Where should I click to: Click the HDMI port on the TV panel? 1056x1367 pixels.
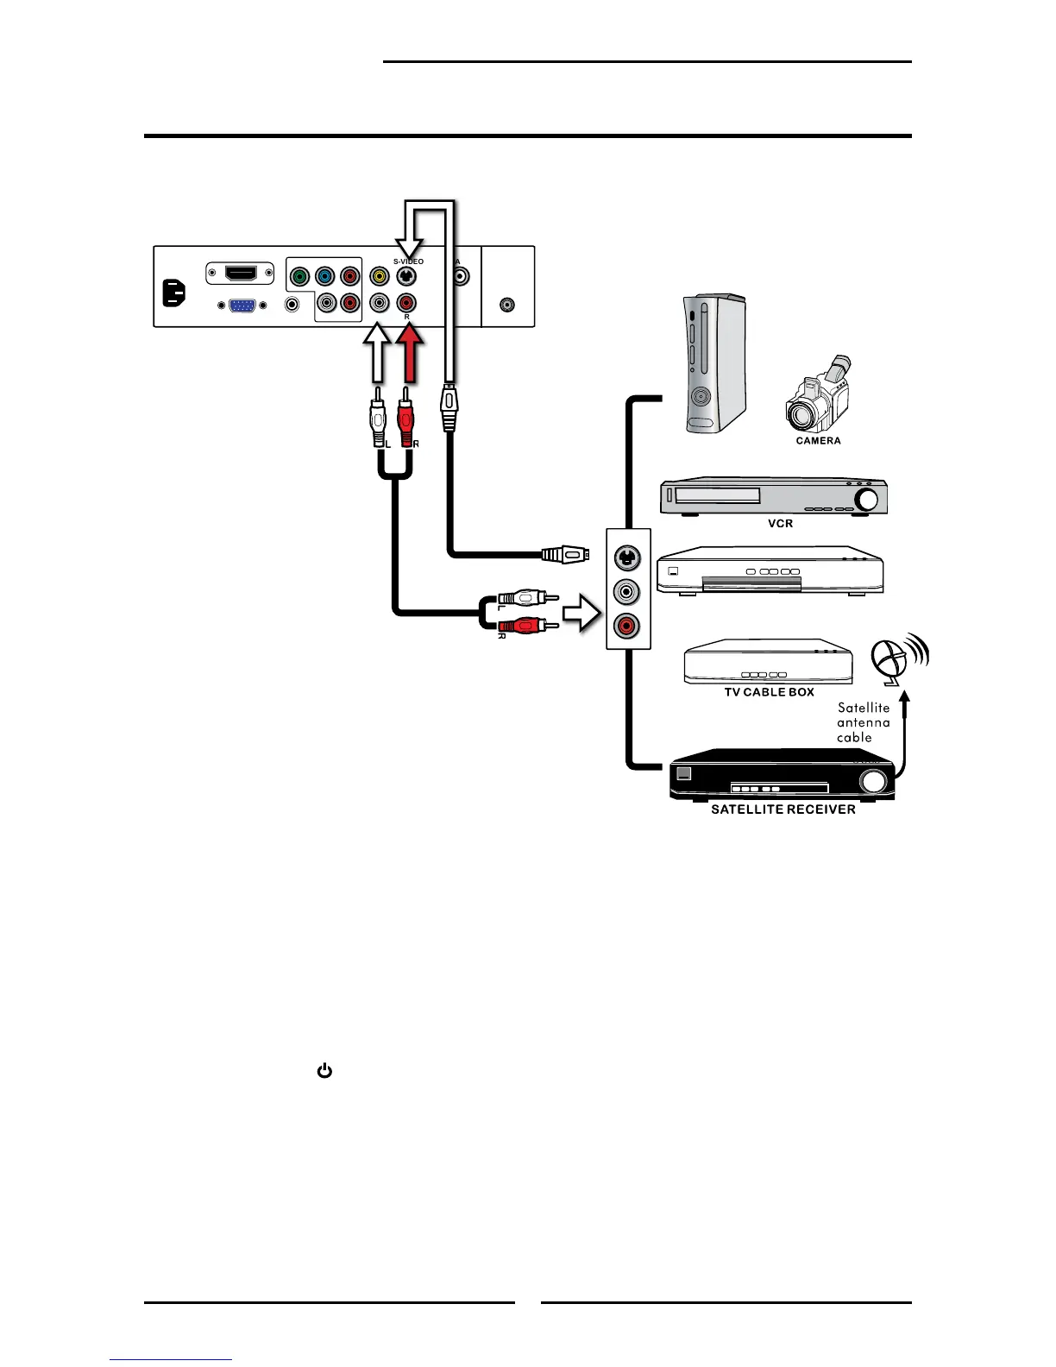pyautogui.click(x=241, y=274)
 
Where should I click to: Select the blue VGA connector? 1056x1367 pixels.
pyautogui.click(x=242, y=305)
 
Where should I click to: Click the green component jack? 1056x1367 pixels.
pyautogui.click(x=299, y=277)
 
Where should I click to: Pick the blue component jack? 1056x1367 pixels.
pyautogui.click(x=324, y=277)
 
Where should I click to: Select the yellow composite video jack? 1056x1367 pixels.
pyautogui.click(x=379, y=277)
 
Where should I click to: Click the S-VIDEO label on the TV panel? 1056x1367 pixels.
pyautogui.click(x=408, y=261)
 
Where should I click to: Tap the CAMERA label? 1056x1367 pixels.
pyautogui.click(x=818, y=441)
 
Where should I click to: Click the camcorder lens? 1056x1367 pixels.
pyautogui.click(x=805, y=418)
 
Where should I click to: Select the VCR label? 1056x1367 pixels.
pyautogui.click(x=780, y=524)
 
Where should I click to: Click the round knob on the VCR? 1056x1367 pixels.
pyautogui.click(x=868, y=500)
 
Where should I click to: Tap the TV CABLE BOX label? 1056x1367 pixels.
pyautogui.click(x=769, y=692)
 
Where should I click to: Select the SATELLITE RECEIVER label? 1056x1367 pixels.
pyautogui.click(x=783, y=809)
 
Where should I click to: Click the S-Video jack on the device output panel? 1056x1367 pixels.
pyautogui.click(x=627, y=558)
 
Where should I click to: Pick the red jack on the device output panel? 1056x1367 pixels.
pyautogui.click(x=627, y=625)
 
